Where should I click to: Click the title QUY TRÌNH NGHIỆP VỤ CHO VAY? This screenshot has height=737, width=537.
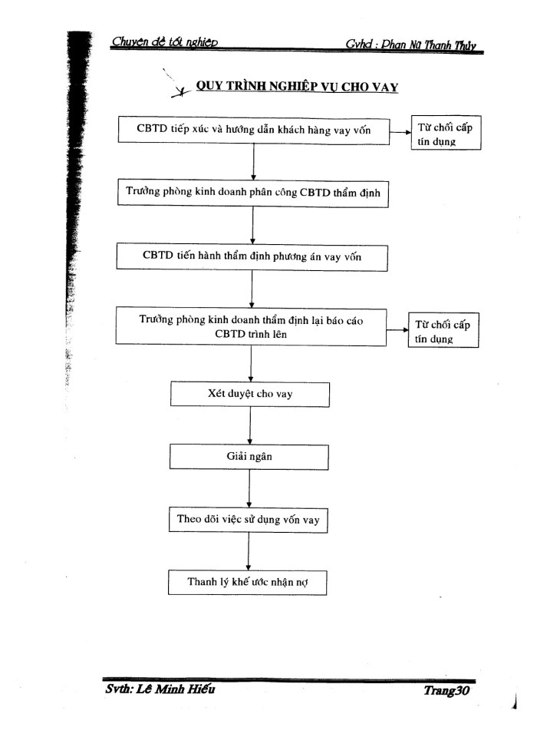(296, 87)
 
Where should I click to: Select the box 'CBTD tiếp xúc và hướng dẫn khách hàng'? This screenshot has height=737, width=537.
(253, 131)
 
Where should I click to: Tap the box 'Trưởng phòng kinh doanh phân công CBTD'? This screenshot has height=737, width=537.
(253, 192)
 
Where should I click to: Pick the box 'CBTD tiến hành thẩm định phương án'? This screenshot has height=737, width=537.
(253, 256)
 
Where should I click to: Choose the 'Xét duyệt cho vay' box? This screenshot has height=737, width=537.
(249, 395)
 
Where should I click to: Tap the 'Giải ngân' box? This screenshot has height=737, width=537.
(249, 458)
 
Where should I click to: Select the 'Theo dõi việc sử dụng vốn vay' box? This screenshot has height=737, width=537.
(248, 520)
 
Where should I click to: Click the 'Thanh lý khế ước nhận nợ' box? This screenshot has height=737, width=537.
(248, 582)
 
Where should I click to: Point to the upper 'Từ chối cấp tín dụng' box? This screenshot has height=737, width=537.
(445, 135)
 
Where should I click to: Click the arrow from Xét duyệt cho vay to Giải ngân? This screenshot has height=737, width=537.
(250, 426)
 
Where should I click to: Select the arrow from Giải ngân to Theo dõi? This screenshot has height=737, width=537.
(249, 489)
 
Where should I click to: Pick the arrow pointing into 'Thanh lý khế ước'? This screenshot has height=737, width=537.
(248, 551)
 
